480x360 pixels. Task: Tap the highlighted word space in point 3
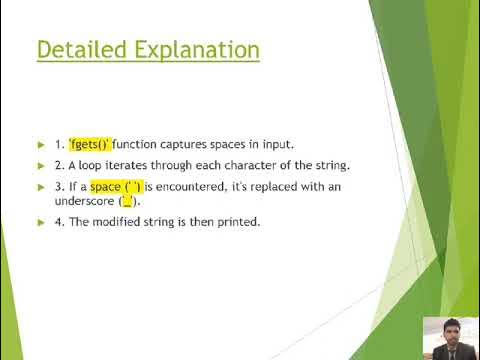(x=105, y=187)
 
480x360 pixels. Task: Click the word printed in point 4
(x=238, y=222)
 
